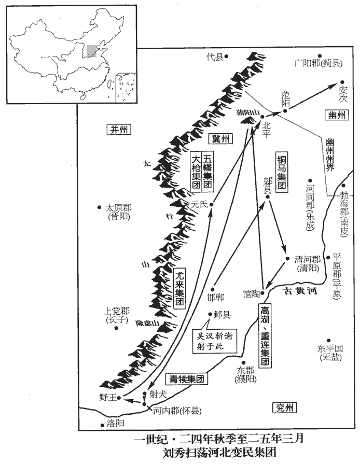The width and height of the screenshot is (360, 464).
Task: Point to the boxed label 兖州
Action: point(285,409)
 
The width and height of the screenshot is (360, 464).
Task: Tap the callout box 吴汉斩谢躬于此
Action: point(213,341)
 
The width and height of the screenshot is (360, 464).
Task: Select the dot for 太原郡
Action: point(99,207)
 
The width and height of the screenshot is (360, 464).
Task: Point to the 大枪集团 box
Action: point(196,174)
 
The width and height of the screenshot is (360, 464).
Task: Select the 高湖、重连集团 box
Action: point(265,334)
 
